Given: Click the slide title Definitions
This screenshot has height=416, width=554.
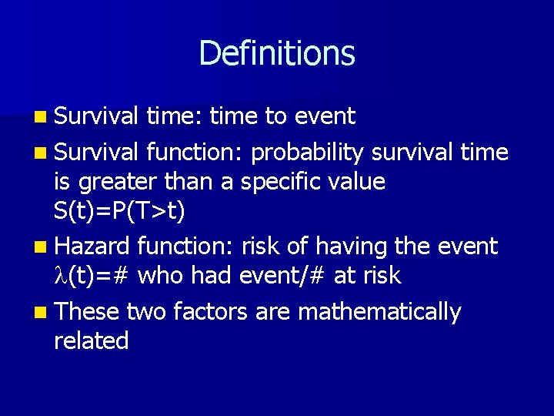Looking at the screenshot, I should pyautogui.click(x=277, y=53).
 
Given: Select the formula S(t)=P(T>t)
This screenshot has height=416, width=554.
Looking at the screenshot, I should pyautogui.click(x=119, y=212).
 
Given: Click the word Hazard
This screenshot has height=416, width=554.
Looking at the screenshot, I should pyautogui.click(x=93, y=247).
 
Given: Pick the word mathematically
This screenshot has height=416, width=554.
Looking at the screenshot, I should pyautogui.click(x=379, y=311).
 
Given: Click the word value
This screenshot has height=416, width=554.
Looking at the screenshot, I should pyautogui.click(x=358, y=182).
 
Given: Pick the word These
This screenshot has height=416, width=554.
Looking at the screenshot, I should pyautogui.click(x=88, y=311).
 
